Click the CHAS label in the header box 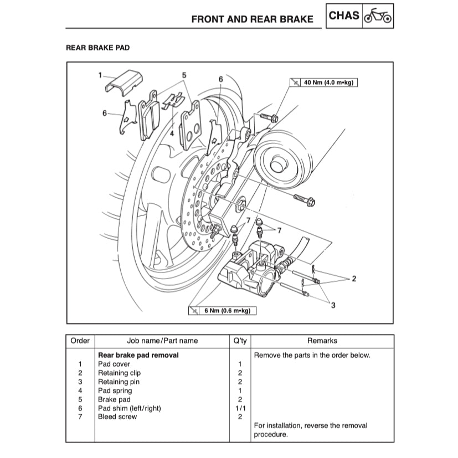click(344, 16)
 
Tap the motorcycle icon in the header click(378, 17)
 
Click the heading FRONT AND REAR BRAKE click(252, 19)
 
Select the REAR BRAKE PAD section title click(97, 48)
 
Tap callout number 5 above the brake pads click(184, 75)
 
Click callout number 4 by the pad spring click(172, 133)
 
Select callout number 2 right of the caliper click(354, 278)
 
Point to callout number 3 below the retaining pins click(333, 305)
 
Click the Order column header click(80, 341)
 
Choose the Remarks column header click(322, 341)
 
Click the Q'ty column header click(239, 341)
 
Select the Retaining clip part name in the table click(119, 373)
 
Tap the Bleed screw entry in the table click(117, 416)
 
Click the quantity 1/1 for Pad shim click(239, 408)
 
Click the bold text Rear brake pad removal click(138, 355)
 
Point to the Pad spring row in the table click(115, 390)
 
